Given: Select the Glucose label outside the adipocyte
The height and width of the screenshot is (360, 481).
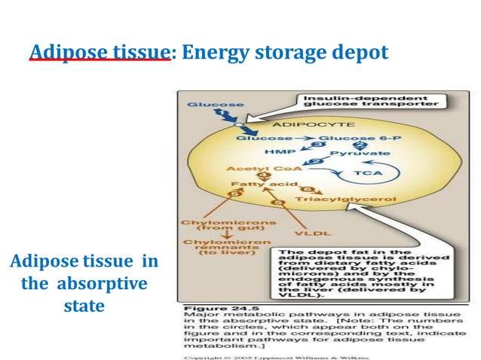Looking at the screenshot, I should tap(205, 105).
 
